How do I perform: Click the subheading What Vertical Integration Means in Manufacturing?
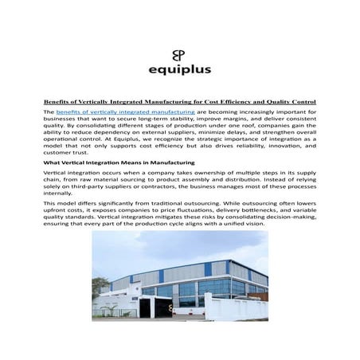(x=115, y=162)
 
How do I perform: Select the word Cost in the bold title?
(x=221, y=102)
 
